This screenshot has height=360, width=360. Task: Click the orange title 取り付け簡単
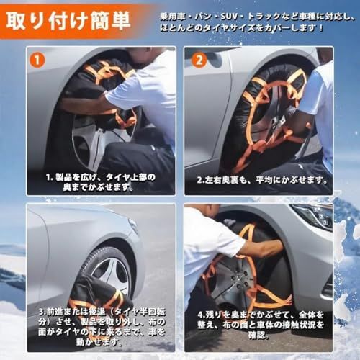pyautogui.click(x=68, y=20)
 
